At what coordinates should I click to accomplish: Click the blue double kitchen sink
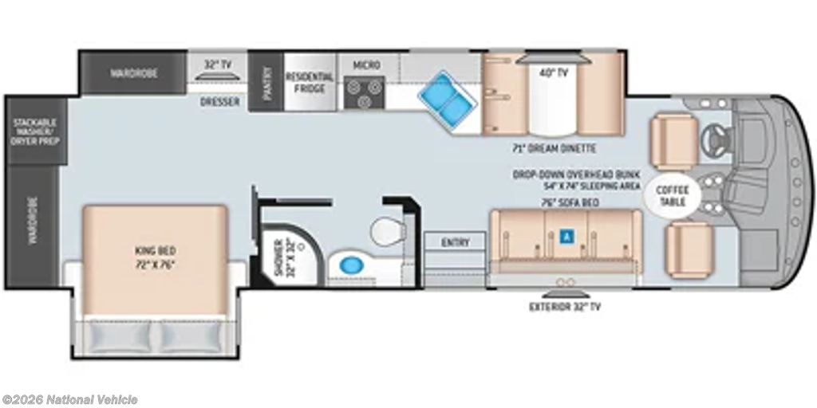coord(447,99)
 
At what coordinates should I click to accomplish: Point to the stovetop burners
coord(364,92)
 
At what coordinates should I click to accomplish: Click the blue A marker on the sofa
coord(566,237)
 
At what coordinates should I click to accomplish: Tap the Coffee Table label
coord(672,196)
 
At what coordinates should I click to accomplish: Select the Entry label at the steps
coord(455,242)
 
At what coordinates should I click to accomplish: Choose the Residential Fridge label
coord(310,82)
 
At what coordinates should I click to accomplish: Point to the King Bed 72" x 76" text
coord(154,257)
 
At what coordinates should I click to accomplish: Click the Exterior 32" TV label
coord(565,307)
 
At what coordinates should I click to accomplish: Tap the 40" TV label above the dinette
coord(553,73)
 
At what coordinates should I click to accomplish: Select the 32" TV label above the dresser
coord(217,65)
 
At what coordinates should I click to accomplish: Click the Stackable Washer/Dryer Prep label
coord(36,131)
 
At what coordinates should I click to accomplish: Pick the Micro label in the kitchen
coord(367,65)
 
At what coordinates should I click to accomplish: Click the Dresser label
coord(220,101)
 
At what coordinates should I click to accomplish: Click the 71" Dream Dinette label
coord(554,148)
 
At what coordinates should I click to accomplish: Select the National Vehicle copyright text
coord(69,400)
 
